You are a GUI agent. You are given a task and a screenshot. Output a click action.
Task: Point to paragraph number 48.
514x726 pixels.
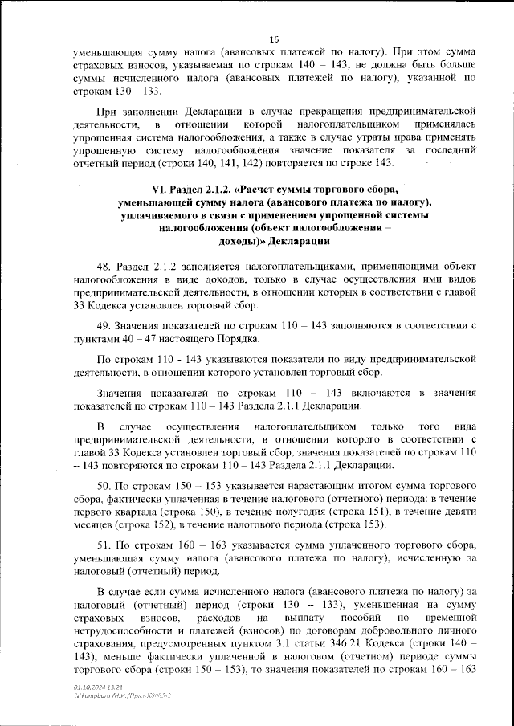pyautogui.click(x=104, y=264)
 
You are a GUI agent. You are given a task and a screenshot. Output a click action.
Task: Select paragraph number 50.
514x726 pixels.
pyautogui.click(x=104, y=487)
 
